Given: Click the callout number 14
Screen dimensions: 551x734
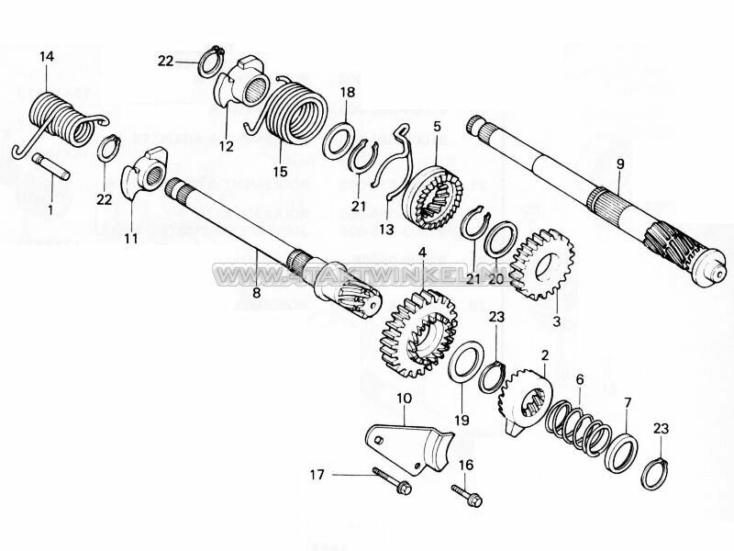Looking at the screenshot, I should tap(47, 57).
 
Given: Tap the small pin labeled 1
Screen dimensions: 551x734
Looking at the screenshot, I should tap(52, 170).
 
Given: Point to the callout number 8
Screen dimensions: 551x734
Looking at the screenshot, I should tap(256, 293).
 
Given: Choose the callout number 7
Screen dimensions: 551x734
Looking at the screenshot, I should tap(628, 402).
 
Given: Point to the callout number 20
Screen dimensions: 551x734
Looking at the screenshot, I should tap(495, 279).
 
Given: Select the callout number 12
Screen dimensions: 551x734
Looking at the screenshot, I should tap(226, 147).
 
